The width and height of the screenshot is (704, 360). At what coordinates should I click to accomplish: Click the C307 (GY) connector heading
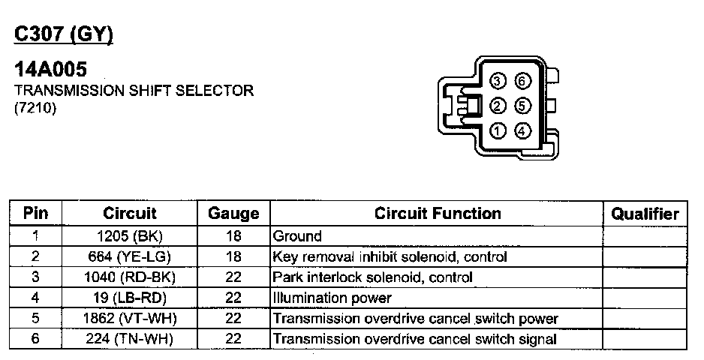coord(64,35)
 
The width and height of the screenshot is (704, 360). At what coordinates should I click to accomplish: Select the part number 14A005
coord(51,70)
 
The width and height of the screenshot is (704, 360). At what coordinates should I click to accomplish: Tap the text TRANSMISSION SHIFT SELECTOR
coord(134,91)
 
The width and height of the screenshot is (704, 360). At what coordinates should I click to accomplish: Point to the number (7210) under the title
coord(35,107)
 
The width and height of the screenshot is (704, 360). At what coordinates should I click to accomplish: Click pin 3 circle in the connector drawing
coord(498,81)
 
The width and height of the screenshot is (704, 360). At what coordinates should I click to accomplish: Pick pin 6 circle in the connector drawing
coord(523,81)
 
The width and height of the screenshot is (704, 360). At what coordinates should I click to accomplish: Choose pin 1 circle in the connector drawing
coord(498,131)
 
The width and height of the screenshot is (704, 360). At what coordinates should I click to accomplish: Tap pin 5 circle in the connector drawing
coord(523,106)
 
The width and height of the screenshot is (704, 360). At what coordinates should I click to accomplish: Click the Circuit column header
coord(130,213)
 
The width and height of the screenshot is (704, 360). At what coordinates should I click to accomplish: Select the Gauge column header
coord(233,214)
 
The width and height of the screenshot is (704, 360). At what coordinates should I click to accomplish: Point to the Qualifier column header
coord(645,214)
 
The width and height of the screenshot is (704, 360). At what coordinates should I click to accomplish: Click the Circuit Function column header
coord(438,213)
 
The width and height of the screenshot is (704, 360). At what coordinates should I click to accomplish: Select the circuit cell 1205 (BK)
coord(130,236)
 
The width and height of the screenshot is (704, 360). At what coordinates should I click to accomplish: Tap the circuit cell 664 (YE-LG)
coord(130,257)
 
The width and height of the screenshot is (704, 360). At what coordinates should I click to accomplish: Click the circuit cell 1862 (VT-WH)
coord(130,319)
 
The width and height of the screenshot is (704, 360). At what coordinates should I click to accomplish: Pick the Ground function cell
coord(298,236)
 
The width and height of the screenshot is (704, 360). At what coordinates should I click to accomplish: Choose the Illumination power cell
coord(332,298)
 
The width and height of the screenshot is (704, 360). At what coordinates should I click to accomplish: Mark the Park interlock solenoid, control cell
coord(373,277)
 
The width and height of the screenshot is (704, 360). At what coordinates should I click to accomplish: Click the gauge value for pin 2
coord(233,257)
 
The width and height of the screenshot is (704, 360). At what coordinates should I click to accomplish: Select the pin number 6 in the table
coord(35,339)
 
